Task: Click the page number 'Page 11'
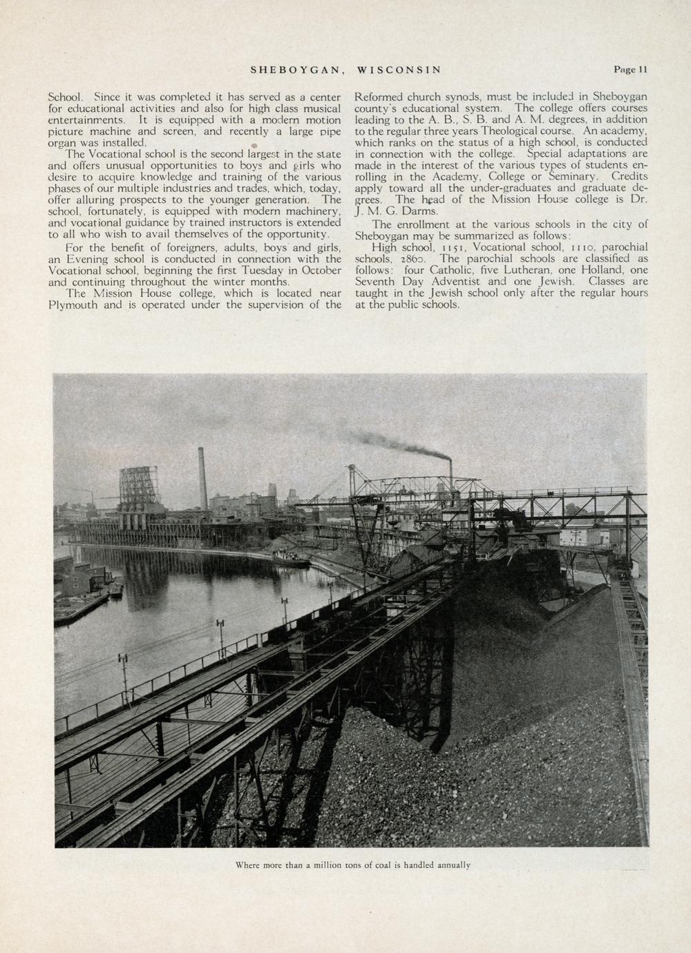[630, 69]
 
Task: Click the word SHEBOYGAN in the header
[296, 70]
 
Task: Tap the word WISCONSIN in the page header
[399, 70]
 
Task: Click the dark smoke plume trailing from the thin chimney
[401, 447]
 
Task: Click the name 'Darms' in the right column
[417, 211]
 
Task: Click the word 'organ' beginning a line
[62, 142]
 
